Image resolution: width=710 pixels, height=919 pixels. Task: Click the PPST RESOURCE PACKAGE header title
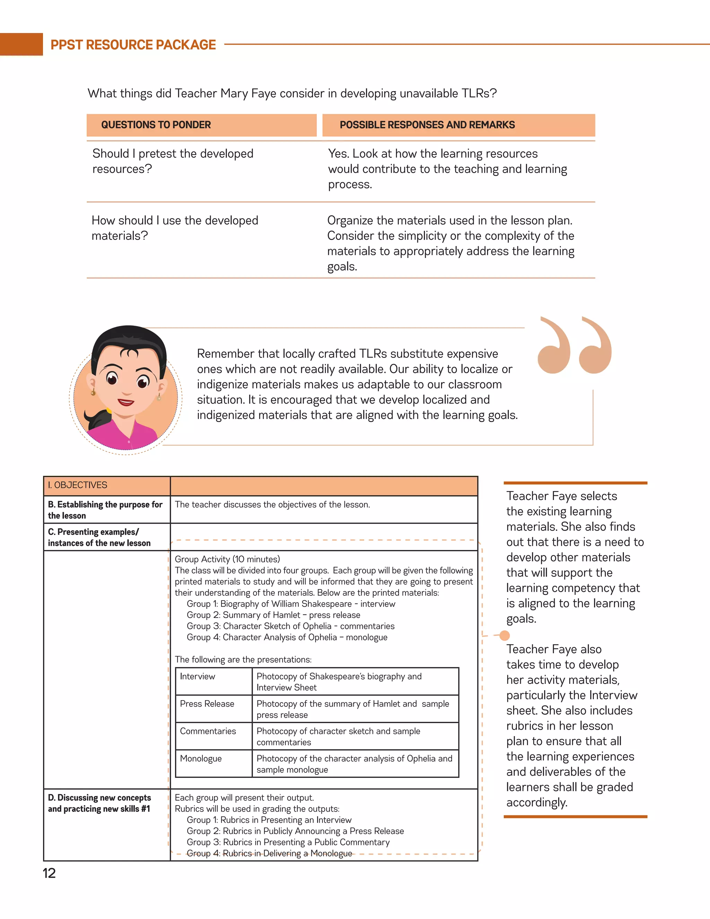coord(133,45)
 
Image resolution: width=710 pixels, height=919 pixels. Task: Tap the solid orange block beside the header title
coord(21,44)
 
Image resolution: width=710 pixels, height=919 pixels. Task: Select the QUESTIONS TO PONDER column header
coord(156,125)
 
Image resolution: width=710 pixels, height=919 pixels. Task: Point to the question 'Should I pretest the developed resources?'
coord(172,161)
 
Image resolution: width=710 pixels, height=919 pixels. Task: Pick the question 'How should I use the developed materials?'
coord(175,228)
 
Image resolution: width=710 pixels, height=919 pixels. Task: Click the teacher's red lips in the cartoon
coord(126,402)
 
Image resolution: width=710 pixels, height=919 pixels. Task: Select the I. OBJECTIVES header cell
coord(78,485)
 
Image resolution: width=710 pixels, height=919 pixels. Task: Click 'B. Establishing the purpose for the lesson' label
coord(105,510)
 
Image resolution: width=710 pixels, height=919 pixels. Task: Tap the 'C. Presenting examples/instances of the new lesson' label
coord(99,537)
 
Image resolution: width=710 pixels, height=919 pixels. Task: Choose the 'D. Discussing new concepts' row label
coord(99,803)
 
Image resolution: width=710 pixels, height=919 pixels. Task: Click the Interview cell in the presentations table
coord(198,676)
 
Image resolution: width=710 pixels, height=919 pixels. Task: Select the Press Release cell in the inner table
coord(207,704)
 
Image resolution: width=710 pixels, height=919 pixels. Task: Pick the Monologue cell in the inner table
coord(201,758)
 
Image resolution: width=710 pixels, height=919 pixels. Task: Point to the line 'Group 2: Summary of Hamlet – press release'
coord(274,615)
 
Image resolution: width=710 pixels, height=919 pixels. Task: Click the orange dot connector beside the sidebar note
coord(504,635)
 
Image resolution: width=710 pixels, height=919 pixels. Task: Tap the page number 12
coord(49,873)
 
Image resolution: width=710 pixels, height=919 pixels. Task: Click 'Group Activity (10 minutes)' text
coord(227,559)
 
